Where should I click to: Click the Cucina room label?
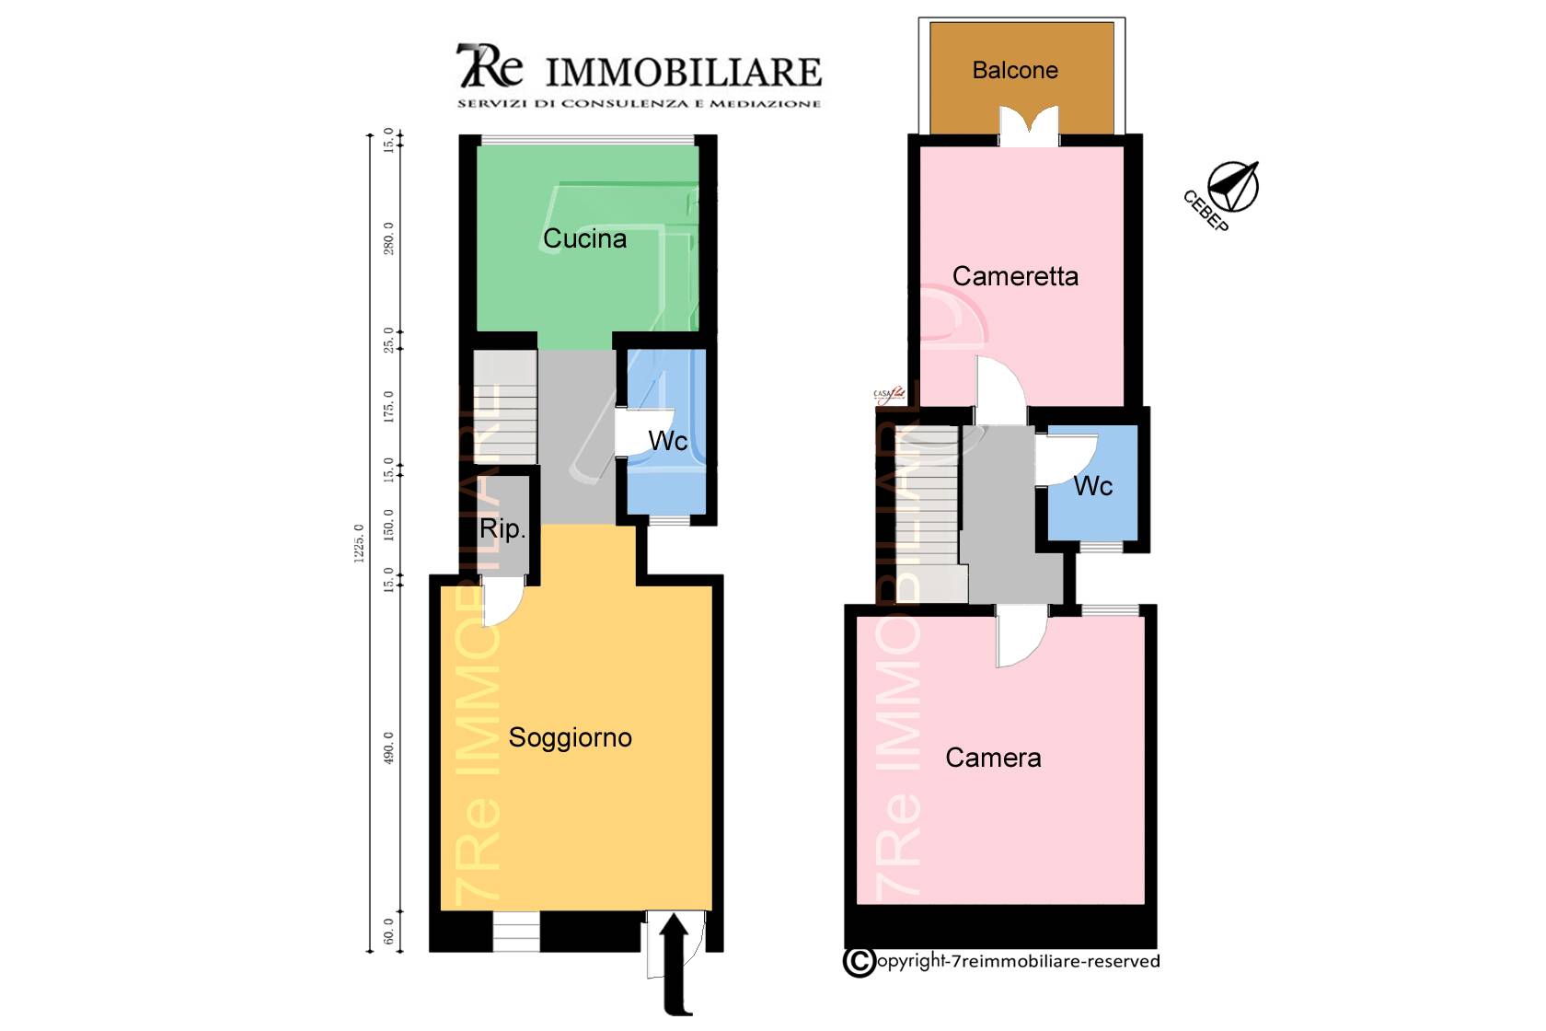(x=584, y=238)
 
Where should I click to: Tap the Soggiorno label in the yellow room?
(x=570, y=737)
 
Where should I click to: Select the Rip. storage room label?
(x=502, y=528)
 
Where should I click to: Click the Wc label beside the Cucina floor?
(x=668, y=441)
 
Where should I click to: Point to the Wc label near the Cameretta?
(x=1093, y=486)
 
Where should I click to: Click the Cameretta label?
(x=1015, y=276)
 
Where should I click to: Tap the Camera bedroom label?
(x=993, y=758)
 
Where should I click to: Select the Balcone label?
(x=1015, y=70)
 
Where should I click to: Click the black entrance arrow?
(x=675, y=962)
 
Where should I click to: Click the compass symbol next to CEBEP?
(x=1233, y=186)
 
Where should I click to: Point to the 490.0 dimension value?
(x=388, y=747)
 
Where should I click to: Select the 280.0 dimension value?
(x=388, y=238)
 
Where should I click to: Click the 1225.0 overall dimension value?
(x=359, y=543)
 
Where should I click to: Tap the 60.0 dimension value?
(x=388, y=931)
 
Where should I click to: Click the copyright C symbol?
(x=859, y=962)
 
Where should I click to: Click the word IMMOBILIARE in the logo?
(x=683, y=72)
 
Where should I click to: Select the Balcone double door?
(x=1029, y=127)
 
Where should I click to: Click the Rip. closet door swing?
(x=502, y=603)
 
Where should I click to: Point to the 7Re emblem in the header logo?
(x=489, y=66)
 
